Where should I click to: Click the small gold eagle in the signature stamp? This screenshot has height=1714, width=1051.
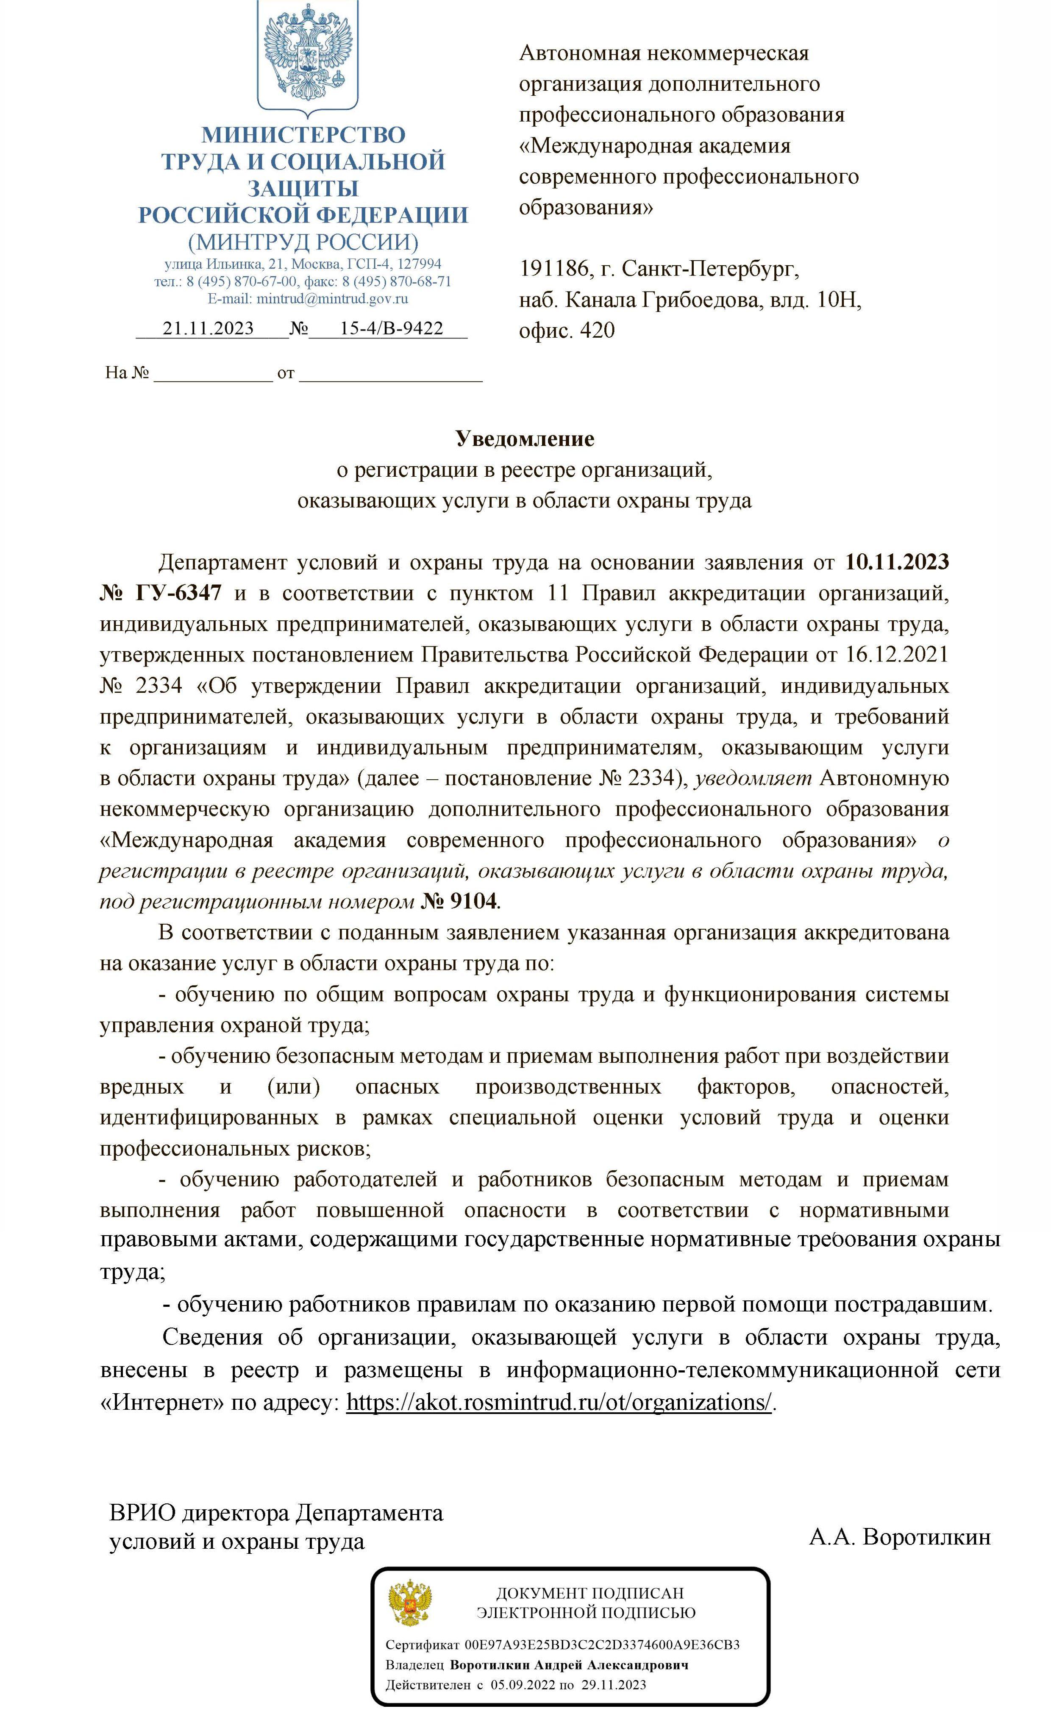point(410,1605)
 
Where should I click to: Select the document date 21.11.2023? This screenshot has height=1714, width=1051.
point(208,328)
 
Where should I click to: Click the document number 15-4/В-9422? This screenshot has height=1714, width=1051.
point(391,328)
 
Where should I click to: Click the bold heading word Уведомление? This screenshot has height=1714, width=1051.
point(525,439)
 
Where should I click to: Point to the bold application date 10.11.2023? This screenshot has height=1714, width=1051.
point(897,562)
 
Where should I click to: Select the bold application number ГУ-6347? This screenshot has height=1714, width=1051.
point(179,593)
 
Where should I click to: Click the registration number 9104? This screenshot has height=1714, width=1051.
point(474,902)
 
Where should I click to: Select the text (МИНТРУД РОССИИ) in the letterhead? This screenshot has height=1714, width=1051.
point(303,242)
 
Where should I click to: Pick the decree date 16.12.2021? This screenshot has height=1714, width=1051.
point(897,655)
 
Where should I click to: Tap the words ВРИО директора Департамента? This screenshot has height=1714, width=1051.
point(276,1513)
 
